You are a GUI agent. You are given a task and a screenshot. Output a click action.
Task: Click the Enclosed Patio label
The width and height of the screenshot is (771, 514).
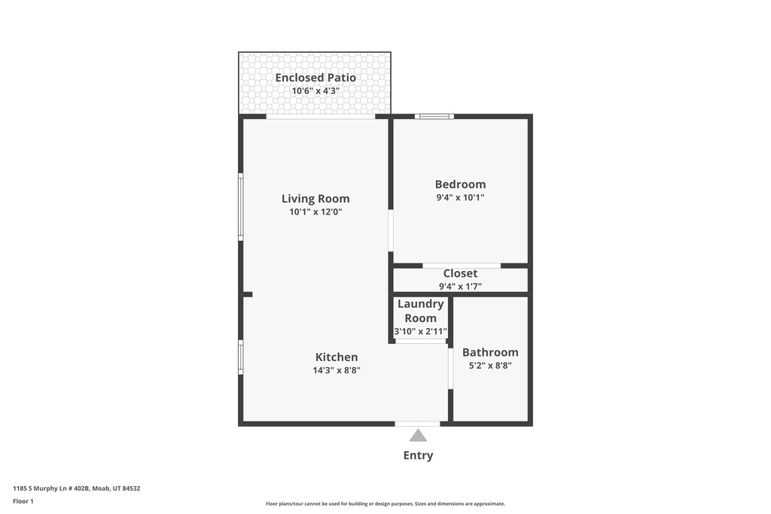click(315, 78)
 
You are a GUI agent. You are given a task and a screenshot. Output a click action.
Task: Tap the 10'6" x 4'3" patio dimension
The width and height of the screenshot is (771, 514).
click(315, 91)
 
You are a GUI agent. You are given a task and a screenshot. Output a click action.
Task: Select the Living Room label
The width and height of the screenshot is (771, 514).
click(315, 199)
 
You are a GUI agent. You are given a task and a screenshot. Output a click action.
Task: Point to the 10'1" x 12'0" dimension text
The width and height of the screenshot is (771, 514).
click(315, 211)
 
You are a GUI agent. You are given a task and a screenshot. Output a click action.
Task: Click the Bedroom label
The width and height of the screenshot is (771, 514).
click(460, 184)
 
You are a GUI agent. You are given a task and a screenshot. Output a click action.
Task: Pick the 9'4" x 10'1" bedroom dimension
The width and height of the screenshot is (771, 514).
click(460, 197)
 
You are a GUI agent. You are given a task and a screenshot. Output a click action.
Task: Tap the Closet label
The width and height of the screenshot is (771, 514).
click(460, 273)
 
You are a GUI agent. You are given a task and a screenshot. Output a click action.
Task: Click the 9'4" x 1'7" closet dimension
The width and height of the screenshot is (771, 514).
click(460, 287)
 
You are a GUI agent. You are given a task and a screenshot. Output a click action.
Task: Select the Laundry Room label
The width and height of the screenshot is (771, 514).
click(420, 311)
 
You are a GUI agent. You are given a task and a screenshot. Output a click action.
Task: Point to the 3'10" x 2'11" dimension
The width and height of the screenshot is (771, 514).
click(420, 331)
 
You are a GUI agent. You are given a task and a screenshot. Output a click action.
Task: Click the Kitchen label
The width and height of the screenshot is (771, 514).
click(337, 357)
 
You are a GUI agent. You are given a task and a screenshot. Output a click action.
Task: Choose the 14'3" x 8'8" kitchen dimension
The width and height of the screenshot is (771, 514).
click(337, 370)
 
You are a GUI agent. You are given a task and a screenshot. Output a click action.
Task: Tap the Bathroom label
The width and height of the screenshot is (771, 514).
click(490, 352)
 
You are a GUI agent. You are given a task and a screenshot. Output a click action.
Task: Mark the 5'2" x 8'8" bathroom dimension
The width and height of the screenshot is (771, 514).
click(490, 366)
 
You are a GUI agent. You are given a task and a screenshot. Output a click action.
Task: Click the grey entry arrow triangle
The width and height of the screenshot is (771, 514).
click(418, 436)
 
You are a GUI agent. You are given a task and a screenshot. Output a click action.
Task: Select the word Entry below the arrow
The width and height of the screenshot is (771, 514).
click(418, 455)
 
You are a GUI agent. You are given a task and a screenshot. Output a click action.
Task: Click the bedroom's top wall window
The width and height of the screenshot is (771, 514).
click(434, 117)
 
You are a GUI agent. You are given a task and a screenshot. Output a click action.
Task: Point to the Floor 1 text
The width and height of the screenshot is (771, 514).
click(23, 501)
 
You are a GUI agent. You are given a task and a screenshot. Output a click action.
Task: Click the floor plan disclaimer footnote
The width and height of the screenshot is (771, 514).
click(385, 503)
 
